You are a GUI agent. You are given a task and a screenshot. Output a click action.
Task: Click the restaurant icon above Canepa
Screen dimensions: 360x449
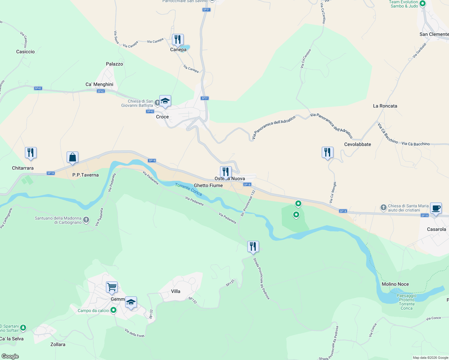(178, 39)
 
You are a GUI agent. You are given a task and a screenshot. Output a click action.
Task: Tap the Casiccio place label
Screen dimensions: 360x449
(26, 52)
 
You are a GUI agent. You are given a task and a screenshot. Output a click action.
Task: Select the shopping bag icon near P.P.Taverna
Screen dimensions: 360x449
(72, 157)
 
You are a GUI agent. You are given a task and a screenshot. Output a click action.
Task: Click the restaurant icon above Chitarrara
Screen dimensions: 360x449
(31, 153)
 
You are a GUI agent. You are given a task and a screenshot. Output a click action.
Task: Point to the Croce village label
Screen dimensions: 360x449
(162, 117)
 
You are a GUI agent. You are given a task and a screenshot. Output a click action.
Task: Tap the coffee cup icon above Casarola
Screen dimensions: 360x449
(436, 208)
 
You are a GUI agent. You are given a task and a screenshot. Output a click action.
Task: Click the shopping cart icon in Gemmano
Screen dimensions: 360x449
(112, 287)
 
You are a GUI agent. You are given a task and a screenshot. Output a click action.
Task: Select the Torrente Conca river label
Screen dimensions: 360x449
(188, 189)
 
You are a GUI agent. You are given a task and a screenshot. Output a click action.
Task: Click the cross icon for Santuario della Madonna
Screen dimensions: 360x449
(86, 220)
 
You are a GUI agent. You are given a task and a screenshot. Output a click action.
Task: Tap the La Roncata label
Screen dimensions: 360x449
(385, 106)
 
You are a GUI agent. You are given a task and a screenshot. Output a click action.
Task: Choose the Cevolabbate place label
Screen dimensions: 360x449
(357, 144)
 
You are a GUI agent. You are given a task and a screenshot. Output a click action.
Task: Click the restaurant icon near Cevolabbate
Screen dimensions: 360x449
(327, 152)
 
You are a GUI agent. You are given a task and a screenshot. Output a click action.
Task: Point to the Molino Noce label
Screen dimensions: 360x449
(395, 284)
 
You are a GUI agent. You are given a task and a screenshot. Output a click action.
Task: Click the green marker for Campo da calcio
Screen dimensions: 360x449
(113, 310)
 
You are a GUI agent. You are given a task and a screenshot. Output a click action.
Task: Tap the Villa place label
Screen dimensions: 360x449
(176, 291)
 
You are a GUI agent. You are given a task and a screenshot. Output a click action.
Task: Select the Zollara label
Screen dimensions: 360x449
(58, 344)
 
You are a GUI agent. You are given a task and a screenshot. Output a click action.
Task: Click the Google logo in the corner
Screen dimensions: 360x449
(10, 356)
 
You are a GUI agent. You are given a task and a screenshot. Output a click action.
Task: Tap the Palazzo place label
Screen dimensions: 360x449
(114, 64)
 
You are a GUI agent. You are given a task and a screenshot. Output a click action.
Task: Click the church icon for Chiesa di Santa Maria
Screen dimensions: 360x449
(383, 208)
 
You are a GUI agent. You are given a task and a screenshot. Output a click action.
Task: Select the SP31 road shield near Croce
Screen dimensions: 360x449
(205, 98)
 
